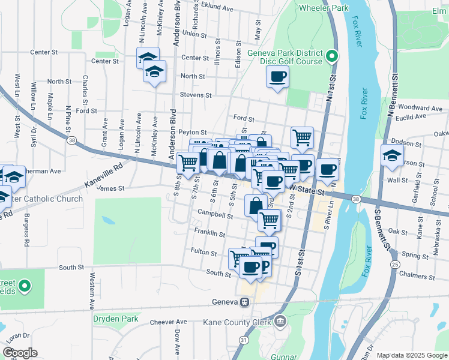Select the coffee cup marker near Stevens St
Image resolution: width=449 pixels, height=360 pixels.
[277, 77]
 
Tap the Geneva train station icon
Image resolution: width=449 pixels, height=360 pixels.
[245, 302]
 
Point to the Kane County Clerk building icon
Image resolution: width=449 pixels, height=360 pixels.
[280, 322]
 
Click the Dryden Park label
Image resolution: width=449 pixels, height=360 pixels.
[116, 319]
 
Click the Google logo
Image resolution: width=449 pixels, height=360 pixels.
[20, 353]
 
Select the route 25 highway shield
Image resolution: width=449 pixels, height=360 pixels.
[394, 264]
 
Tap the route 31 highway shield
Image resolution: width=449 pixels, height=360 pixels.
[243, 340]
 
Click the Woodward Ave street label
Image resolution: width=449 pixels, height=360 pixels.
[420, 108]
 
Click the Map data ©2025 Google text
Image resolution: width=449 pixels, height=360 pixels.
[411, 355]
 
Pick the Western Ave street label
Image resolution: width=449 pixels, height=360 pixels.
[92, 290]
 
